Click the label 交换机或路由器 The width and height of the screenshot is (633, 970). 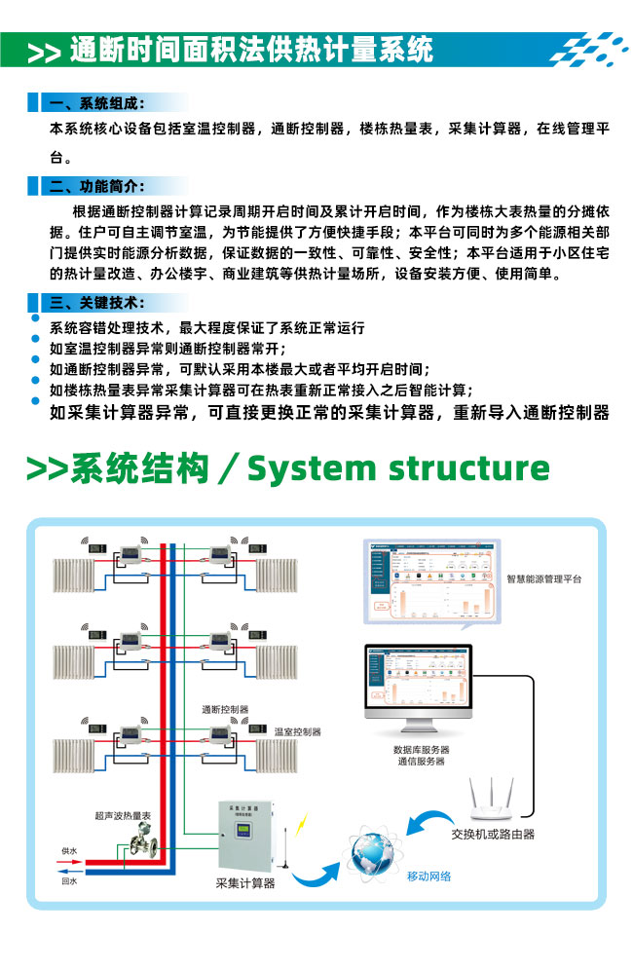coord(492,834)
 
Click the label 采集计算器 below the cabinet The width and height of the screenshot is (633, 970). coord(244,883)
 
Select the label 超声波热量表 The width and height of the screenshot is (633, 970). coord(122,814)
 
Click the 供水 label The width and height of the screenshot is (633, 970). coord(69,851)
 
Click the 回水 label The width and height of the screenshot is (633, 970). coord(69,880)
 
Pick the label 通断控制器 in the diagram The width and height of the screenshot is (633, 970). coord(225,708)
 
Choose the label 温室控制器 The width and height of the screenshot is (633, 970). coord(297,731)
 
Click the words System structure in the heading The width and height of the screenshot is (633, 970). coord(398,468)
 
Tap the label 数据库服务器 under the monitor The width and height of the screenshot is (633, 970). coord(421,750)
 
